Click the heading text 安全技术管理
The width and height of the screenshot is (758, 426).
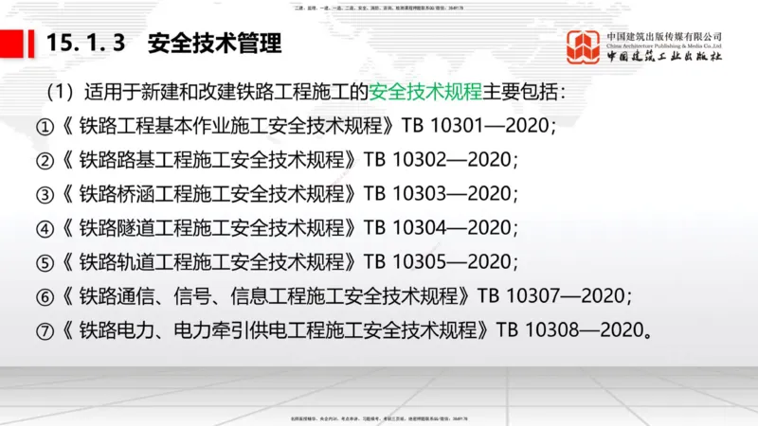point(215,44)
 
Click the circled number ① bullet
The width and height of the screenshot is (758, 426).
point(45,127)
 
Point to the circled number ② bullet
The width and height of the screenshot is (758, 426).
point(45,161)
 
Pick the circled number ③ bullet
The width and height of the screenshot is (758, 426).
point(45,195)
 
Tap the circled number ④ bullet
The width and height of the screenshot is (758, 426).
point(45,229)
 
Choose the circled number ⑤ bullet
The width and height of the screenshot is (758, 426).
point(45,262)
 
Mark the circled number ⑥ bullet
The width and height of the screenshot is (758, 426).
point(45,296)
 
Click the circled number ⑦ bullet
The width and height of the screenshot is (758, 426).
point(45,330)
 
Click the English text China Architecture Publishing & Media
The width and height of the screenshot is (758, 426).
point(664,44)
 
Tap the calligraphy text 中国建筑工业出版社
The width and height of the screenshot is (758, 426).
point(664,57)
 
